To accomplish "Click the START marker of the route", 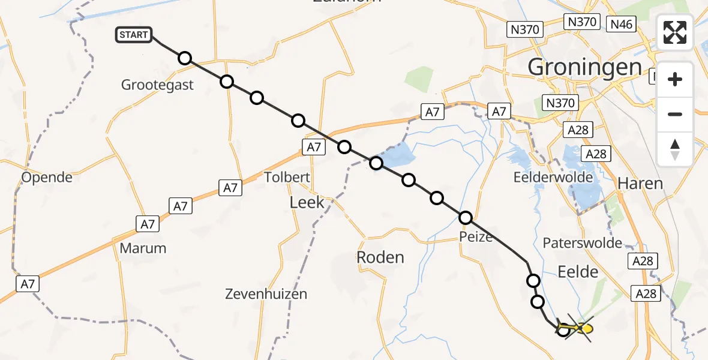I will [x=134, y=35].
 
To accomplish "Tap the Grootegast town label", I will [x=157, y=85].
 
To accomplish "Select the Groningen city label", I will [x=584, y=67].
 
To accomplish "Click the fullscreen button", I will [x=675, y=32].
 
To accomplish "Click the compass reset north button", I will [x=675, y=149].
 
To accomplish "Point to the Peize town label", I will [x=478, y=237].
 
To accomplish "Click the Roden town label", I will [x=380, y=257].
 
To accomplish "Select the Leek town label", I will [x=307, y=202].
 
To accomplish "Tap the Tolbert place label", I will [x=287, y=177].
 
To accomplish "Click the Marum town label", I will [x=142, y=248].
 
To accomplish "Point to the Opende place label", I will [x=46, y=178].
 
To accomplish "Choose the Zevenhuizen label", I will [x=266, y=294].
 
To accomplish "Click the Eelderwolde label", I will [x=553, y=178].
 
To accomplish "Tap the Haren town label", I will [x=640, y=184].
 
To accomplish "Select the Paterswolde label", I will [x=583, y=243].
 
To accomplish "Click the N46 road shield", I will [x=622, y=25].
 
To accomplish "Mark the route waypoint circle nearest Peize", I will [x=466, y=218].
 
